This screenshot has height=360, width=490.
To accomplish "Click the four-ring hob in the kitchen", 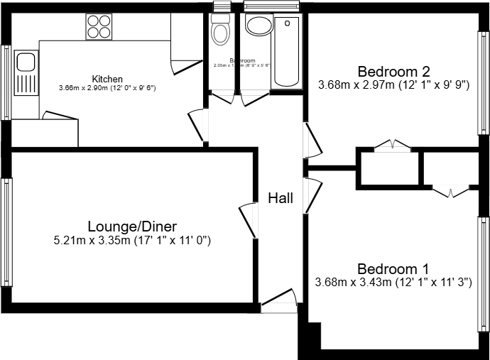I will click(x=99, y=26).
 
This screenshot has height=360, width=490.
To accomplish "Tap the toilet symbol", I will click(x=221, y=30).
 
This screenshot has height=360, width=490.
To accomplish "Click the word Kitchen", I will click(x=107, y=79).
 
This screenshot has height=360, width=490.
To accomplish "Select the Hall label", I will click(x=281, y=199).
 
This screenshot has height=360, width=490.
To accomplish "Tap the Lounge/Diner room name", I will click(x=132, y=227).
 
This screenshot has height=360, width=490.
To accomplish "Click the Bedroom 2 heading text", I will click(x=393, y=72).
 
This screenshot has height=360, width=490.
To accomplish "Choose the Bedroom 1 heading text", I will click(x=393, y=269).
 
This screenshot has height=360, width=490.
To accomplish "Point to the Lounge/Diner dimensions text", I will click(x=132, y=241).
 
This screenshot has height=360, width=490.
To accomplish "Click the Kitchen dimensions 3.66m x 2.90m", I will click(x=107, y=88).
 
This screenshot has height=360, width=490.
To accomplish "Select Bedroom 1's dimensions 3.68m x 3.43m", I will click(x=393, y=283).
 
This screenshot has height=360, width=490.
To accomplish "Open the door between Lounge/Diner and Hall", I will click(x=249, y=220).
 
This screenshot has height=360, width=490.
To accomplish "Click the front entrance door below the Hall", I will click(x=279, y=301).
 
